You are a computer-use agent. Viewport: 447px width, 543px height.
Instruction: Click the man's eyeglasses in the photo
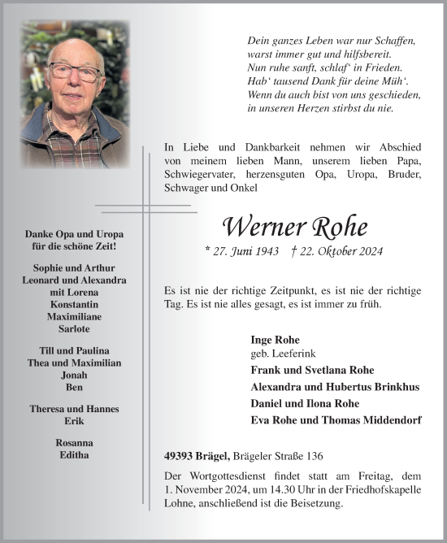tap(74, 72)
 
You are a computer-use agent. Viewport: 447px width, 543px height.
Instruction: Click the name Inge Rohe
tap(276, 339)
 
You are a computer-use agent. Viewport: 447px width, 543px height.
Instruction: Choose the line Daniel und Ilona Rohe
tap(305, 403)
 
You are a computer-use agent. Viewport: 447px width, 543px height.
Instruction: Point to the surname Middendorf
tap(385, 419)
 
